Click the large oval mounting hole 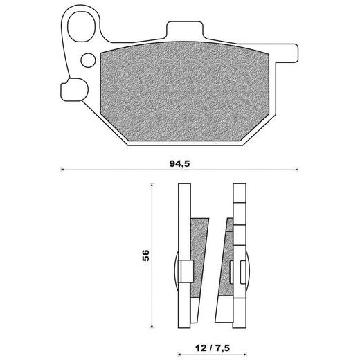[x=81, y=26]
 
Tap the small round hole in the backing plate [x=88, y=60]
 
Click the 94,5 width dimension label [x=179, y=163]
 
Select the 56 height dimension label [x=145, y=255]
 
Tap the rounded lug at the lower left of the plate [x=74, y=89]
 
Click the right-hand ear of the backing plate [x=286, y=53]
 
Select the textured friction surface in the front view [x=185, y=92]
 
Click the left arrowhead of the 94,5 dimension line [x=62, y=170]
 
